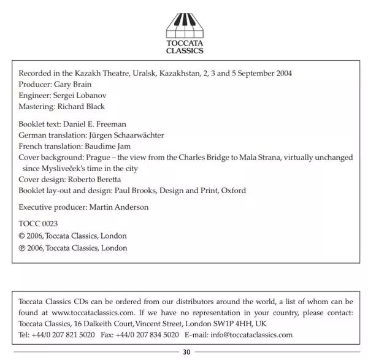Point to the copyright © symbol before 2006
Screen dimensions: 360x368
[x=23, y=236]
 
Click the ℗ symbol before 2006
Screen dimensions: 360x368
[x=23, y=248]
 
